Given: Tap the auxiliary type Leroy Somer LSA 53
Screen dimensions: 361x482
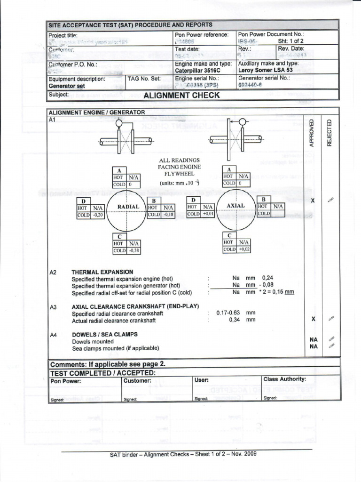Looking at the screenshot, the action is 266,70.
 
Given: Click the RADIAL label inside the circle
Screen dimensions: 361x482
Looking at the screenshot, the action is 128,207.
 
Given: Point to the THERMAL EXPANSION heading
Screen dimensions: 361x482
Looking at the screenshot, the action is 102,272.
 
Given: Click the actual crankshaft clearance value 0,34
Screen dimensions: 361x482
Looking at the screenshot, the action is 235,320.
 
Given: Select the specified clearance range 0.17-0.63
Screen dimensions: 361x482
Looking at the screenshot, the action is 228,313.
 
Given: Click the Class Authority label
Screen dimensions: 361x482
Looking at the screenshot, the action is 285,379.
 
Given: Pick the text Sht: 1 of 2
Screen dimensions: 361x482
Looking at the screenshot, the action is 291,41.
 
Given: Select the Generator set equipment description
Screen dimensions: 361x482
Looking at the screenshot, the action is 67,86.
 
